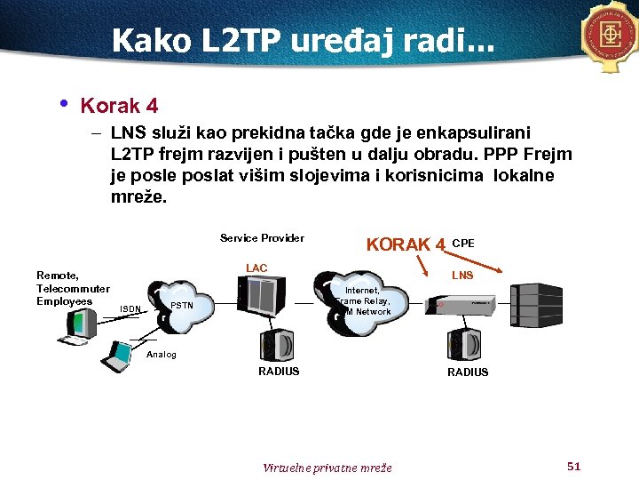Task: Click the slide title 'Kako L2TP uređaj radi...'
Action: click(x=306, y=40)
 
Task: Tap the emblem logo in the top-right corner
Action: click(x=611, y=36)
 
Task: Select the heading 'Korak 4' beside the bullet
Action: click(x=120, y=106)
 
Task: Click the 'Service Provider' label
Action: click(x=262, y=238)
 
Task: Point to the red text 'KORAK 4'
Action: click(x=406, y=244)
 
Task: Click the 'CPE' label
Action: click(x=463, y=242)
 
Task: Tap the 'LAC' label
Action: click(x=256, y=268)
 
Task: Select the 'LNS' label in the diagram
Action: click(x=462, y=276)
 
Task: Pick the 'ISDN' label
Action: click(x=130, y=309)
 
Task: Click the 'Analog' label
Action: click(x=162, y=355)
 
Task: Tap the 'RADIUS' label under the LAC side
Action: click(x=279, y=372)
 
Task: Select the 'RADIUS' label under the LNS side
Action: click(x=468, y=372)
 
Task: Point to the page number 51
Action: click(x=573, y=466)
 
